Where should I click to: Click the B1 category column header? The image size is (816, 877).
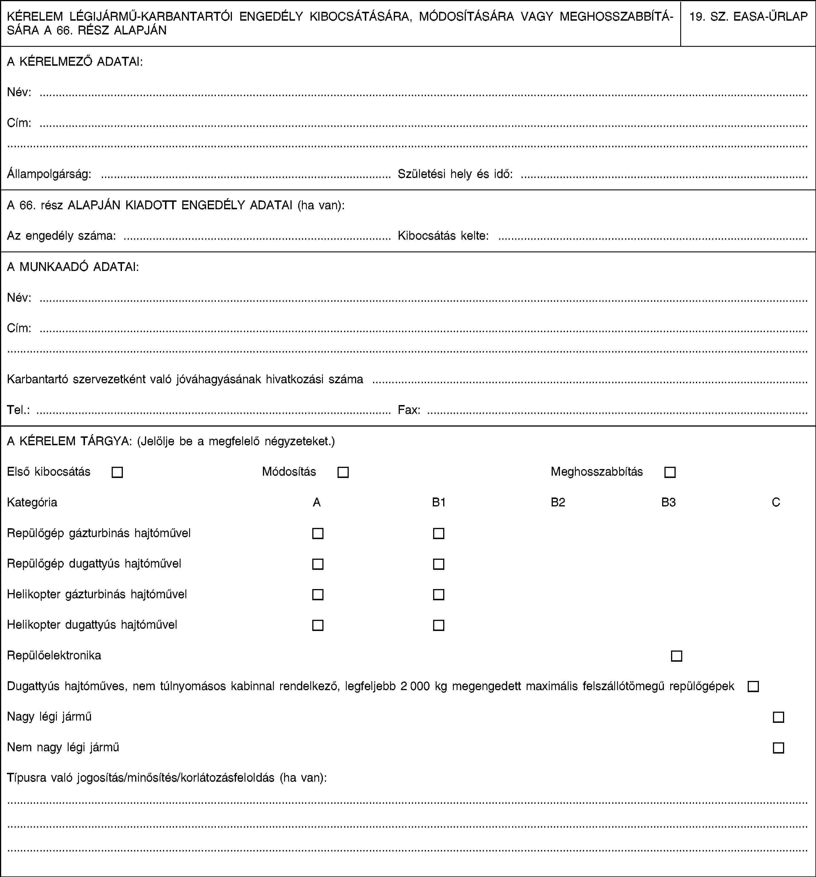click(x=439, y=502)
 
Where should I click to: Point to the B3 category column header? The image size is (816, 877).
click(x=668, y=502)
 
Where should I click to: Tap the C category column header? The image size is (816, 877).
click(x=776, y=502)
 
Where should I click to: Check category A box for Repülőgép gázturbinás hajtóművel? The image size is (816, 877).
click(x=317, y=534)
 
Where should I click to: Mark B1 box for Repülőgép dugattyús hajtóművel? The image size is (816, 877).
click(x=439, y=564)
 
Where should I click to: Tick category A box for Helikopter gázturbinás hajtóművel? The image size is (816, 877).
click(x=317, y=595)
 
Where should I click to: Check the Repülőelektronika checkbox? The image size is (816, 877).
click(x=676, y=656)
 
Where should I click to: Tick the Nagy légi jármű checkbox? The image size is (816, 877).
click(x=778, y=717)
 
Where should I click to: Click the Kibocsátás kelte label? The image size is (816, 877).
click(x=443, y=236)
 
